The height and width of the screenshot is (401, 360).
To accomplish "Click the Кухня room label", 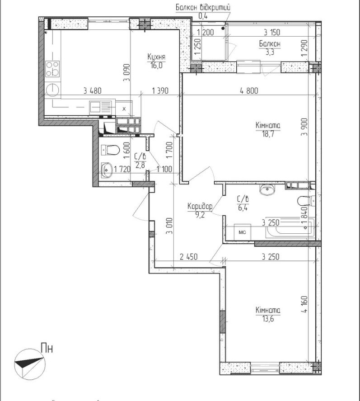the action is (x=156, y=57).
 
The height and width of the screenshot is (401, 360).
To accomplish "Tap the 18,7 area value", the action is (x=267, y=134).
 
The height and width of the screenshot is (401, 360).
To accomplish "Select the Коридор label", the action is (x=200, y=206).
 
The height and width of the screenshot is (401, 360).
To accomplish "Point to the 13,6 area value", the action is (x=267, y=319).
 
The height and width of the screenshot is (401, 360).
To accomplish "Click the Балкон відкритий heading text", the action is (x=203, y=7).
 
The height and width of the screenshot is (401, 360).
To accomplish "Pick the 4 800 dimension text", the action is (x=249, y=90).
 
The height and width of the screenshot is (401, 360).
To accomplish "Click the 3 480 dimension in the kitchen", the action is (x=92, y=90).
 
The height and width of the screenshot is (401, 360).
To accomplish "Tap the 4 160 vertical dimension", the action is (x=304, y=304).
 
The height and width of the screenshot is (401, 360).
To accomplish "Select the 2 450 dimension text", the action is (x=188, y=256).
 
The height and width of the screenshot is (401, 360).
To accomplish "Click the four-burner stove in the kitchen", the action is (x=52, y=69).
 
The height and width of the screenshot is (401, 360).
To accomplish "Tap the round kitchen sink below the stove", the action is (x=52, y=90).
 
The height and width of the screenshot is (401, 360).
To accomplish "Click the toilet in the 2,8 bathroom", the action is (x=110, y=150).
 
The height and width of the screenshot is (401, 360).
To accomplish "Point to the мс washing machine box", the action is (x=243, y=232).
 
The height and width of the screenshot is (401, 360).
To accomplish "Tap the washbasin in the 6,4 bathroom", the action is (x=267, y=190).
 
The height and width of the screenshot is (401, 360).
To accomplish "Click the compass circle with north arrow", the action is (x=30, y=364).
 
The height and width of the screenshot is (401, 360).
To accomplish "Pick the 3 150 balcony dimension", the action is (x=272, y=33).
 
